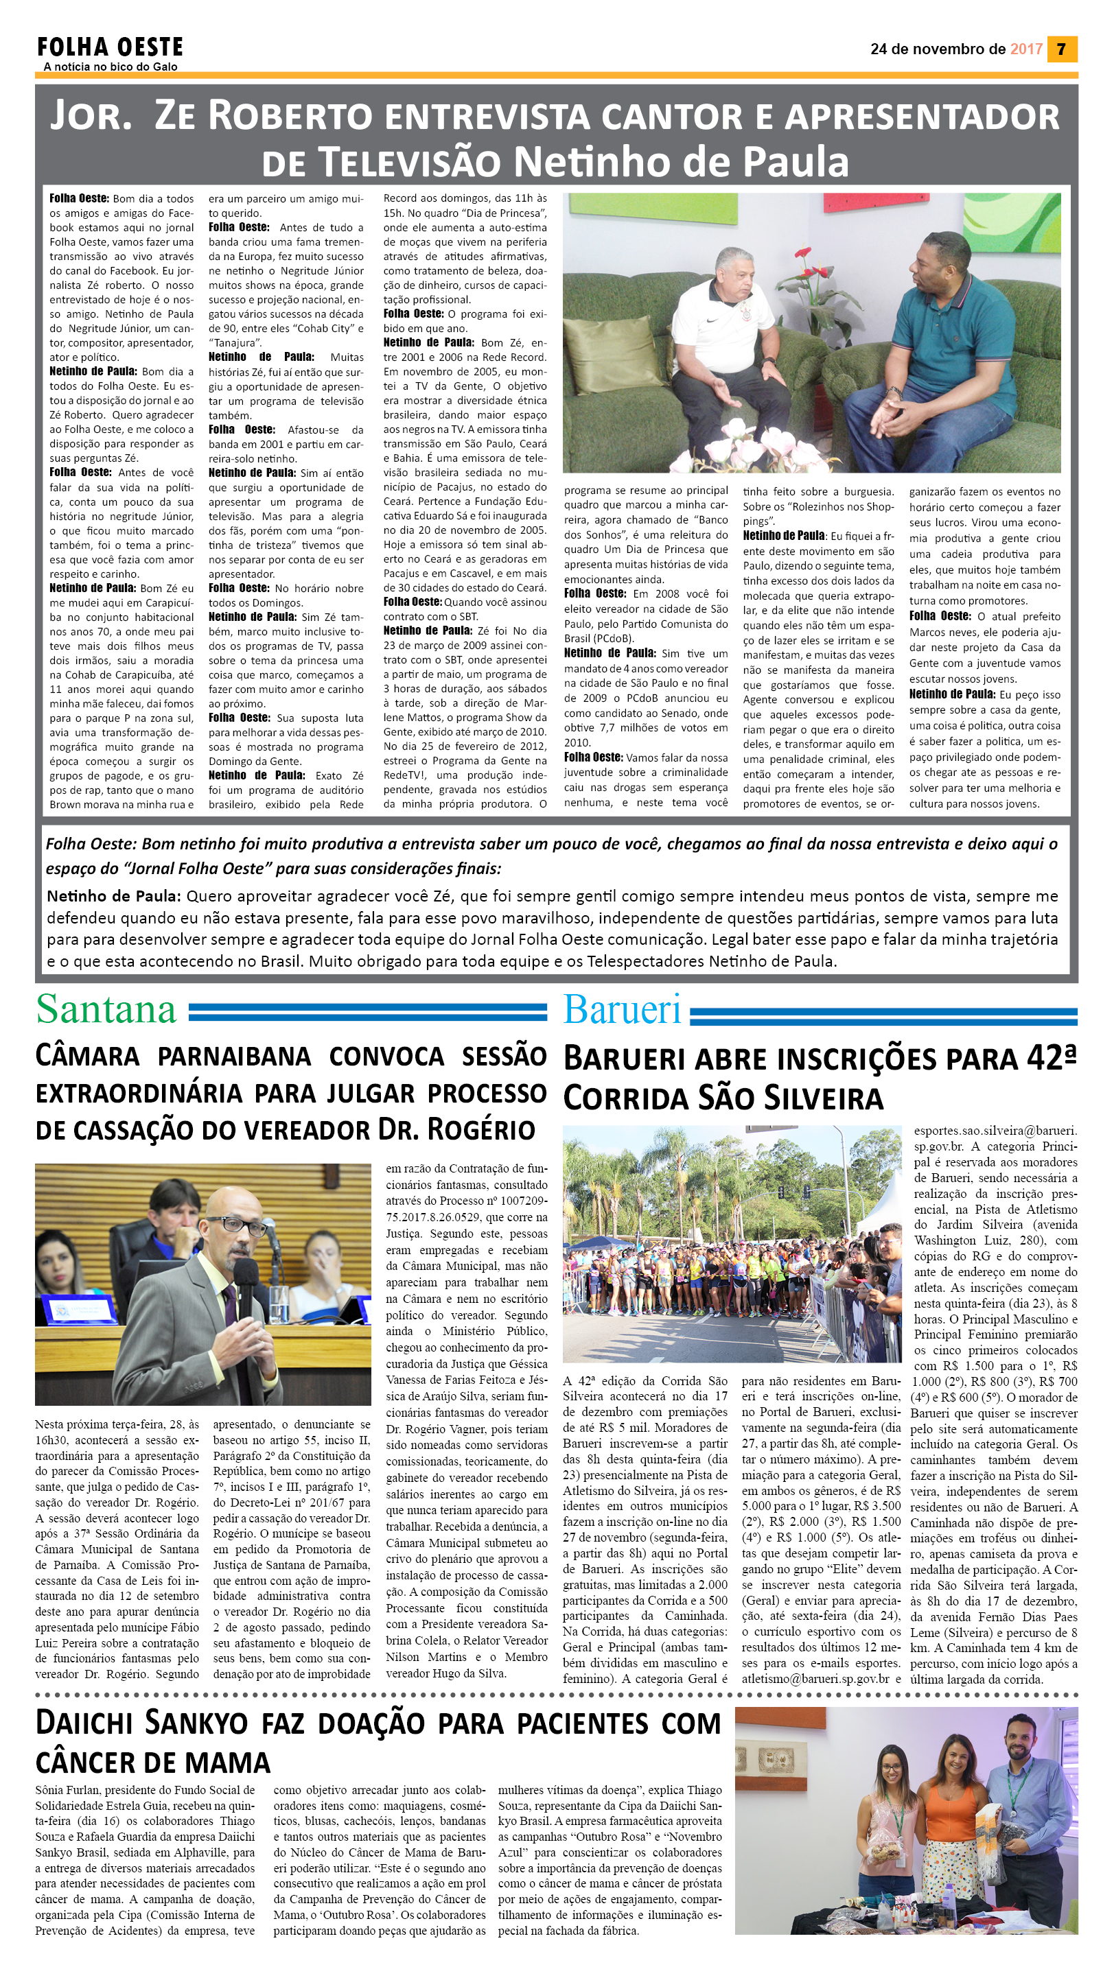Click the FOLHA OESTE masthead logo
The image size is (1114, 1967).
(111, 47)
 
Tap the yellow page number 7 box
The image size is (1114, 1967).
(1061, 49)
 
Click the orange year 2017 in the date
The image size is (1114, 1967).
(1025, 49)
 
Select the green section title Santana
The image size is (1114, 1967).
(106, 1009)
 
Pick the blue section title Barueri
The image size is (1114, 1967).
(621, 1009)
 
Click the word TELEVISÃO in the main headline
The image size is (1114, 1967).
(410, 162)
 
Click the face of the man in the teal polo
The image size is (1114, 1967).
(946, 265)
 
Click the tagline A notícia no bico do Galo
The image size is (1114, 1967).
(111, 67)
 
